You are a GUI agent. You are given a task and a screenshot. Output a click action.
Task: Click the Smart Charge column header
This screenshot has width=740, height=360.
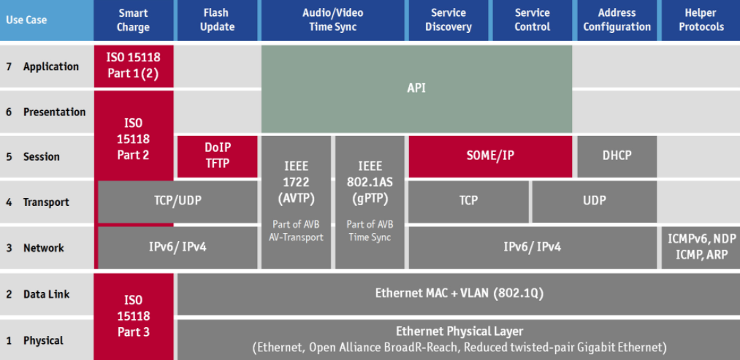(133, 20)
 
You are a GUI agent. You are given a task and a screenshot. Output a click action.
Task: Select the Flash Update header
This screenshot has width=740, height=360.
(217, 20)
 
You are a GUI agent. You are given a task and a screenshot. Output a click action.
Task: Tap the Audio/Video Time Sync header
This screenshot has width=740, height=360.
(332, 20)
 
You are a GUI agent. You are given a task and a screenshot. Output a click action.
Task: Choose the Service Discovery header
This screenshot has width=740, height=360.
(449, 20)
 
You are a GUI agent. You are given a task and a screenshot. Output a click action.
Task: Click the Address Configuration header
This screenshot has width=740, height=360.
(617, 20)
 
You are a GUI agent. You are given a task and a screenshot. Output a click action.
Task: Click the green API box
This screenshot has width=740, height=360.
(416, 88)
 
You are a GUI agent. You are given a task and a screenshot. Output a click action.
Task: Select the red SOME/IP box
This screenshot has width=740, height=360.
(489, 156)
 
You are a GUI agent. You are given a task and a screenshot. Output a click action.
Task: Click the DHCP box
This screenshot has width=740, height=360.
(617, 156)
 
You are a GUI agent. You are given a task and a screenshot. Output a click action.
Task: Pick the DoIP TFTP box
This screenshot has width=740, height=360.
(217, 156)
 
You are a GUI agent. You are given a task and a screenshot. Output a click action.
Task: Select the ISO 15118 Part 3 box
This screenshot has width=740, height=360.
(134, 315)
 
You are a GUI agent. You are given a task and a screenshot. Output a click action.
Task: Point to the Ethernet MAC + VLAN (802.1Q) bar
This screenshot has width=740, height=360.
(458, 294)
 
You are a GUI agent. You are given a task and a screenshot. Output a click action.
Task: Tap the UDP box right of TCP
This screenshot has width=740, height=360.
(594, 201)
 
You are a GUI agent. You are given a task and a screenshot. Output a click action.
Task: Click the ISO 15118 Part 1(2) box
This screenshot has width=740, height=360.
(133, 66)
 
